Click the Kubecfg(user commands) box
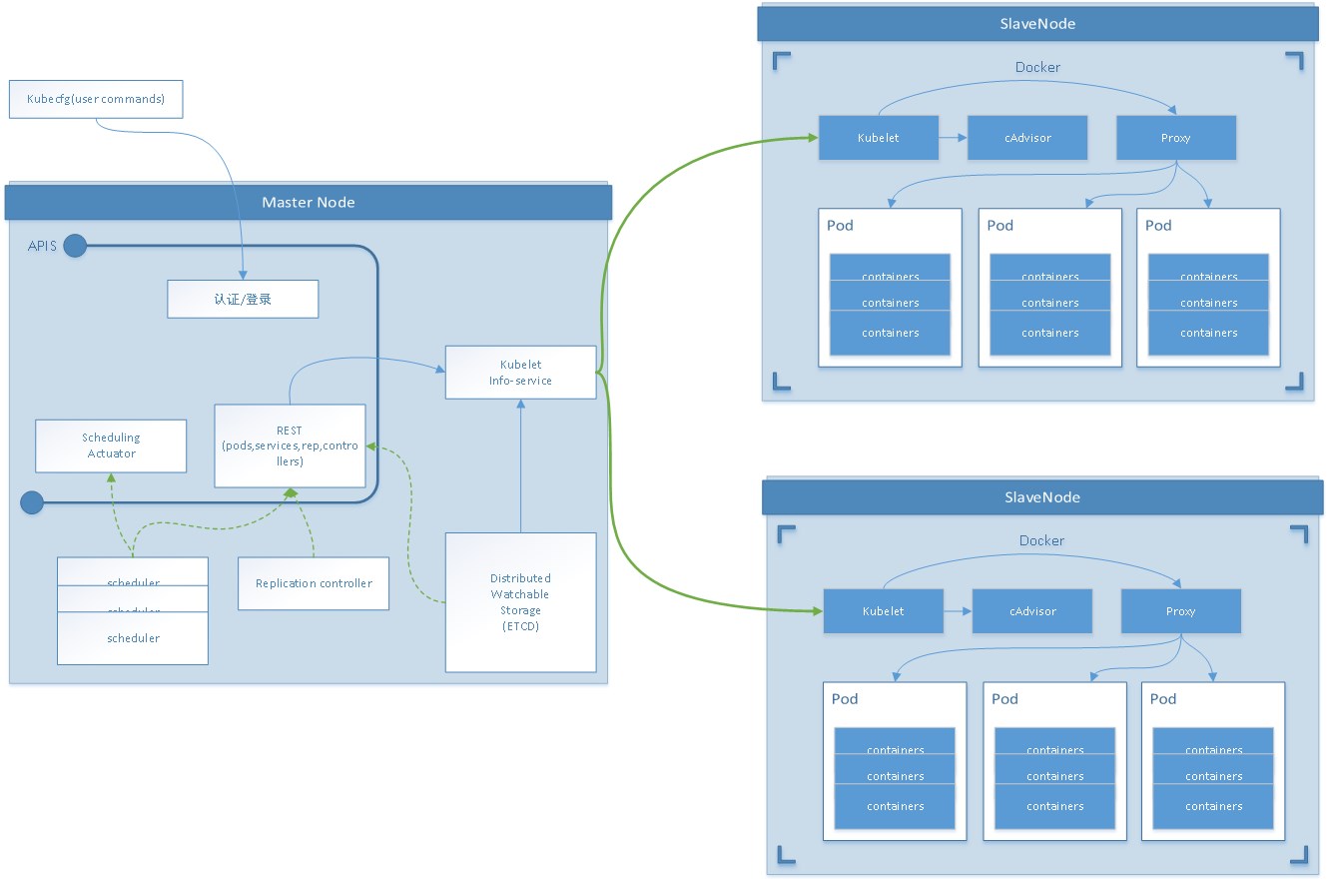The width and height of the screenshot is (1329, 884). coord(96,100)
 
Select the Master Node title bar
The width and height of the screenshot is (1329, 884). coord(308,202)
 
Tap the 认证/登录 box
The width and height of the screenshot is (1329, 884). coord(243,299)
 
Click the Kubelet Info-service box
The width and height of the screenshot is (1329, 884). coord(520,373)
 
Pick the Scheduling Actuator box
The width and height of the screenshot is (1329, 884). coord(111,445)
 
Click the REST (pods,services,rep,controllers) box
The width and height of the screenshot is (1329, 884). coord(290,445)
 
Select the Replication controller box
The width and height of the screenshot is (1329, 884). coord(314,583)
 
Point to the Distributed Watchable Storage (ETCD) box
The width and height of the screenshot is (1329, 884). coord(520,602)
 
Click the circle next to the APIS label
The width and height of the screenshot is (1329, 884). coord(75,246)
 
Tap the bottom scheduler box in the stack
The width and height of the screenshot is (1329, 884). coord(133,638)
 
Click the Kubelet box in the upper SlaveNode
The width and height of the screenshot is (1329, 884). coord(879,138)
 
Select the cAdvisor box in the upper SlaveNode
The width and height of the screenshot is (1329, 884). coord(1027,138)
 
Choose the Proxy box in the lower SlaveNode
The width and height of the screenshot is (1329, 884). coord(1180,611)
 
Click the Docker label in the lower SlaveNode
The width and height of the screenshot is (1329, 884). coord(1041,540)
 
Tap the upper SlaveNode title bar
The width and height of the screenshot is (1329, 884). coord(1035,23)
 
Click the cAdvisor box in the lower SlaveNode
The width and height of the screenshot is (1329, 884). coord(1032,611)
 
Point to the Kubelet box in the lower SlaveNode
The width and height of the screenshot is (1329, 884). coord(884,611)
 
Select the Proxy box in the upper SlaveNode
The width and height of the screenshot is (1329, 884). coord(1175,138)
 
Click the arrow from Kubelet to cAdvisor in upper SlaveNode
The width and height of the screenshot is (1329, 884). coord(953,138)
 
